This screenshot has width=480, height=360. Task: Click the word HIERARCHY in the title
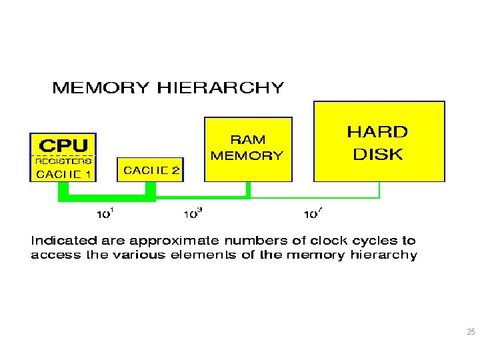(221, 88)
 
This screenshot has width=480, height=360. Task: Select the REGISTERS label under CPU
(63, 161)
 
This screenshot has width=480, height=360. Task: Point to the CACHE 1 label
(63, 174)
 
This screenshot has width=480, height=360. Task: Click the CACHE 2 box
(151, 170)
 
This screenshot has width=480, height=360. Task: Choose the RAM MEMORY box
(247, 149)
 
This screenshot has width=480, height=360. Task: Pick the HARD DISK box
(378, 141)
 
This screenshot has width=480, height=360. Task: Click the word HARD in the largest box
(377, 132)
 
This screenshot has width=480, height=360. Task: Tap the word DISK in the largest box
(377, 155)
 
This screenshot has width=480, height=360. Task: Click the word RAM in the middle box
(247, 140)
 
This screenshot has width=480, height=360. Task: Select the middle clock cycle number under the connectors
(193, 213)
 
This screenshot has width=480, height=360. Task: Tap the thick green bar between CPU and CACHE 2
(107, 197)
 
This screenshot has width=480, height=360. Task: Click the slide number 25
(471, 333)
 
